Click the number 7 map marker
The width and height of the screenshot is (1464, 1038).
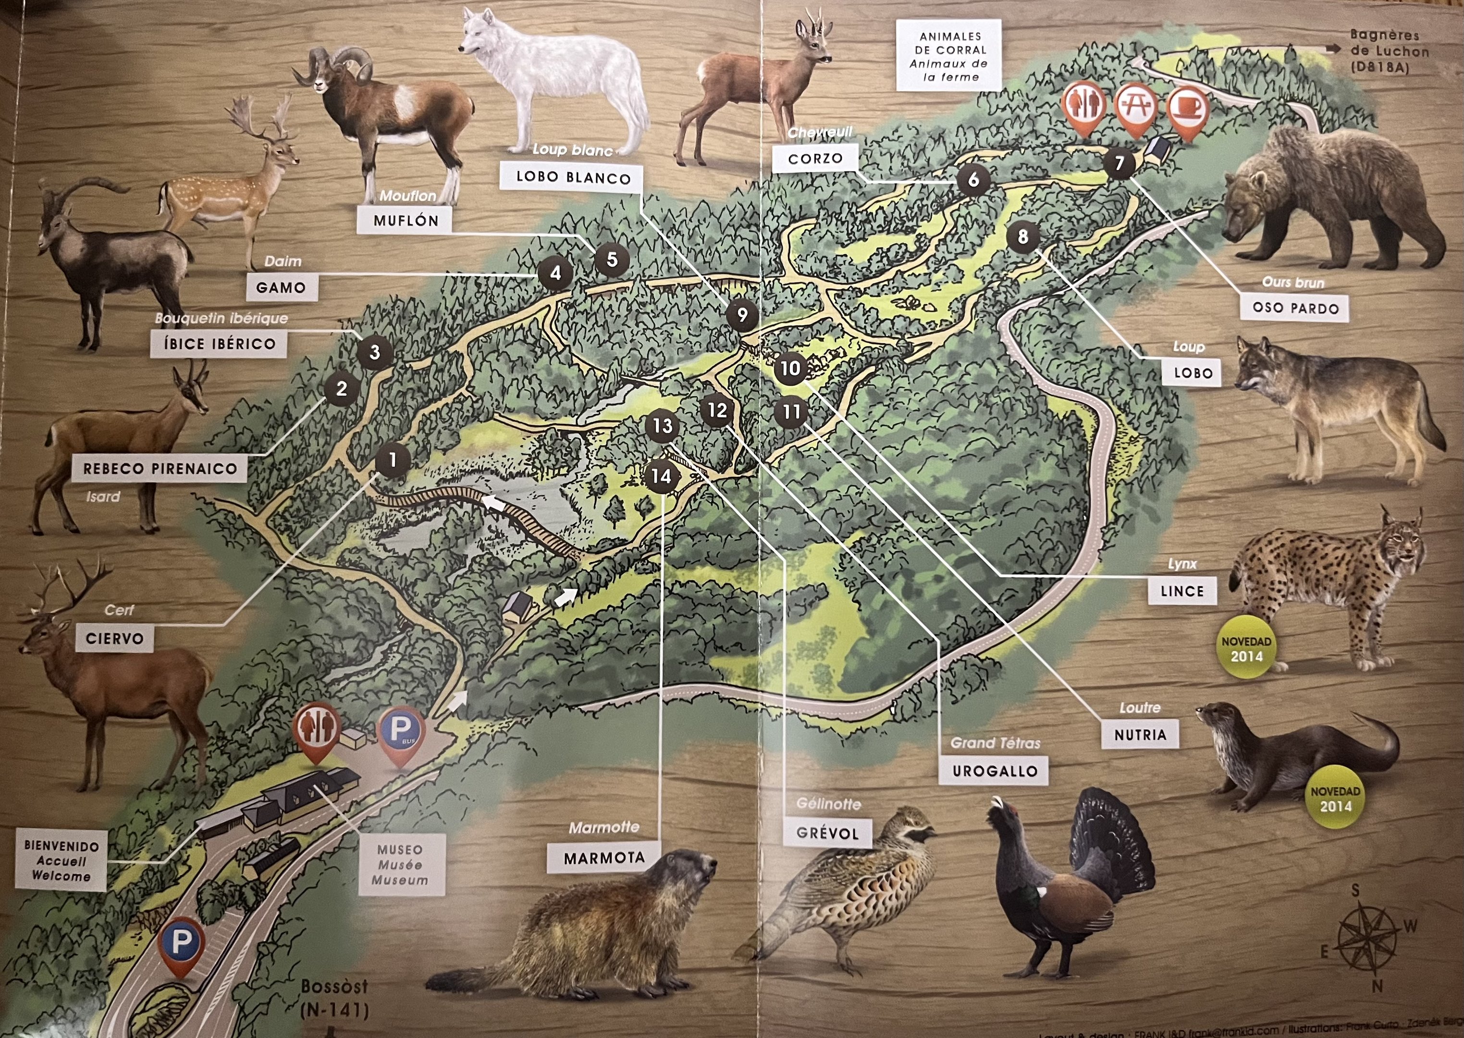pyautogui.click(x=1119, y=163)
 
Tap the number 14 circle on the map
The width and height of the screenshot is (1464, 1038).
pyautogui.click(x=662, y=476)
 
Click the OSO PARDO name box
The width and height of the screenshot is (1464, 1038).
pyautogui.click(x=1295, y=308)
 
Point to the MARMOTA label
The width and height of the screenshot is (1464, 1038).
pyautogui.click(x=604, y=858)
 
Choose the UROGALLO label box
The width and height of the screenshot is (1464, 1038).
pyautogui.click(x=994, y=771)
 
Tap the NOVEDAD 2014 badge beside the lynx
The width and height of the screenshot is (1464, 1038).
pyautogui.click(x=1246, y=648)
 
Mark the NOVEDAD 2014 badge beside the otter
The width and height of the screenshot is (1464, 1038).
pyautogui.click(x=1335, y=798)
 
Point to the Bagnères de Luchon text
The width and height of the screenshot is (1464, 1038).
pyautogui.click(x=1389, y=51)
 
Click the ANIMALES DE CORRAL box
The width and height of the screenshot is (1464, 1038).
pyautogui.click(x=948, y=56)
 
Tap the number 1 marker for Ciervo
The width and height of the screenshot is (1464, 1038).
pyautogui.click(x=393, y=460)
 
